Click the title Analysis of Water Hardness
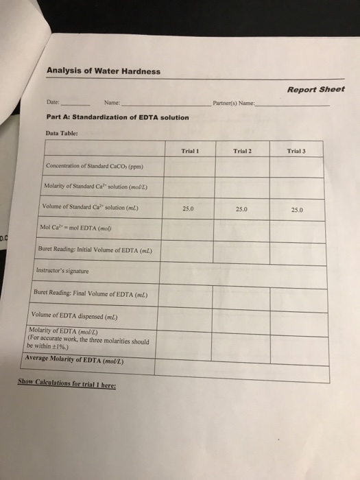[x=103, y=71]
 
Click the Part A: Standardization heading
[x=117, y=117]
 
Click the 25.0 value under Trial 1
[x=189, y=208]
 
